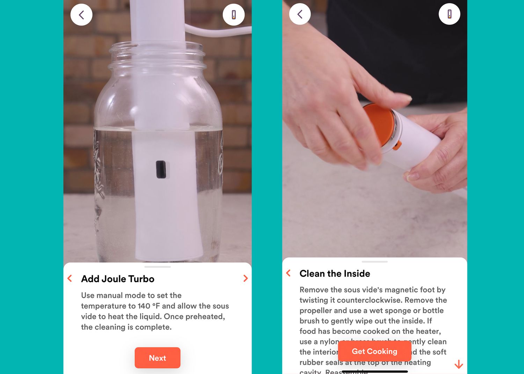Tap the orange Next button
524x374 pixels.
158,358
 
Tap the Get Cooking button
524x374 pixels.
374,351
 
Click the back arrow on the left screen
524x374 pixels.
81,15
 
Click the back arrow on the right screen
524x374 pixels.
300,14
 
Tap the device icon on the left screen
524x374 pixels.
233,15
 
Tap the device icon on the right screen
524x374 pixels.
449,14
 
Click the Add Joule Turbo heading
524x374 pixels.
118,279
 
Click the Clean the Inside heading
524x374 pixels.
335,273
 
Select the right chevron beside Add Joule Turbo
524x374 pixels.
245,278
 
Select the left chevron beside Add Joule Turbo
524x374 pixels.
70,278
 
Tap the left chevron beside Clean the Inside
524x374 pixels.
288,273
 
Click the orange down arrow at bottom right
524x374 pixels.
459,364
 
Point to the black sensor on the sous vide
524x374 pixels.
161,169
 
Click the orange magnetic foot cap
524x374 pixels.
379,124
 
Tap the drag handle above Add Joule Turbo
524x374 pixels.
158,267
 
